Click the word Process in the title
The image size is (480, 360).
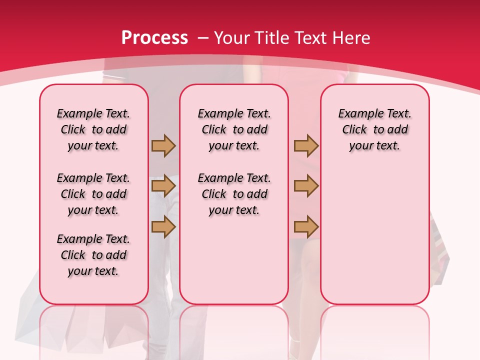click(154, 38)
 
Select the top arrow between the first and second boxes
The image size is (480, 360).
click(163, 145)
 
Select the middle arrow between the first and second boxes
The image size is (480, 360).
click(163, 186)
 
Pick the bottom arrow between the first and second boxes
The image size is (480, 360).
click(163, 227)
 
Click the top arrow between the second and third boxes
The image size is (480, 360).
click(306, 145)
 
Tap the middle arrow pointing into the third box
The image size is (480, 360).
click(306, 186)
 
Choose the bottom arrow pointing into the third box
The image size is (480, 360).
click(306, 227)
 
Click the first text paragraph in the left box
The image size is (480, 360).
click(93, 129)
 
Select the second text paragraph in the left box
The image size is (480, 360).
click(93, 194)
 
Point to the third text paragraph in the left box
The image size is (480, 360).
click(93, 255)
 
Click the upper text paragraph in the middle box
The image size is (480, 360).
click(234, 129)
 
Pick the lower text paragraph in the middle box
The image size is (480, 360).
click(234, 194)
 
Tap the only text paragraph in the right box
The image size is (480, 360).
click(374, 129)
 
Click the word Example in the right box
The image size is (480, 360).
click(358, 113)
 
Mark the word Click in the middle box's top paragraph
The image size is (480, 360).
click(214, 130)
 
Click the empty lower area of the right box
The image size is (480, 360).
click(374, 235)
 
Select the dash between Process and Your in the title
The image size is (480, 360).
click(203, 38)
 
